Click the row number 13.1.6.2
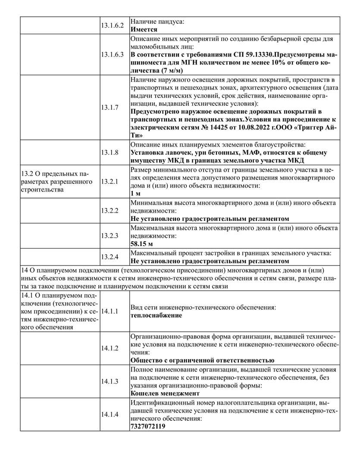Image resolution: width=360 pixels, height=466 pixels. click(x=113, y=25)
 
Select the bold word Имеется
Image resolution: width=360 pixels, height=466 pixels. click(x=144, y=30)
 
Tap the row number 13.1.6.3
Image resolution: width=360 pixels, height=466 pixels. click(x=113, y=55)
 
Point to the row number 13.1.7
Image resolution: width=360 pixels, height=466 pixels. click(x=110, y=107)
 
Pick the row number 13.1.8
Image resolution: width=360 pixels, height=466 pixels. click(x=110, y=152)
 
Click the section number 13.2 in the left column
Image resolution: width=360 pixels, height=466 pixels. click(x=28, y=174)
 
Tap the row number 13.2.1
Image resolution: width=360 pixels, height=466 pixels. click(x=110, y=182)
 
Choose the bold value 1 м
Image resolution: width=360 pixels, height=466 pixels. click(x=135, y=194)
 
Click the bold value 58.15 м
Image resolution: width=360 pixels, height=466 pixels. click(x=142, y=244)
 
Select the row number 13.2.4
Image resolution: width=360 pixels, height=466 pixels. click(x=110, y=257)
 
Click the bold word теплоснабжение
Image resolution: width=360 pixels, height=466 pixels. click(x=156, y=315)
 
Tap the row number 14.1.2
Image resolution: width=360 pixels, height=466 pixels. click(x=110, y=349)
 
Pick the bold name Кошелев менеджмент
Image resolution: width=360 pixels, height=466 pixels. click(x=165, y=394)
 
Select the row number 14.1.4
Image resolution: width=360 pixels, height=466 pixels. click(x=110, y=415)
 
